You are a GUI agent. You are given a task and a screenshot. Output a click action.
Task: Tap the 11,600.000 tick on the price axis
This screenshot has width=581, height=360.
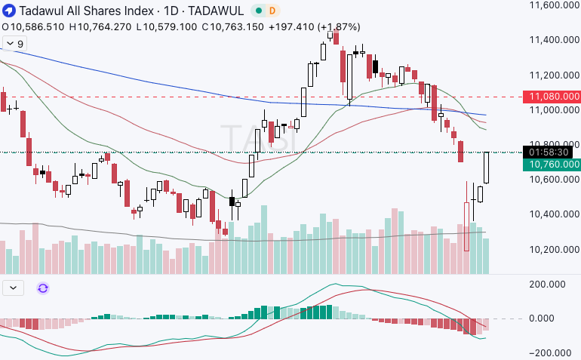[x=554, y=5]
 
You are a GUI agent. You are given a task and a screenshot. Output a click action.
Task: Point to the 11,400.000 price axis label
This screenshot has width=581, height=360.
[x=554, y=40]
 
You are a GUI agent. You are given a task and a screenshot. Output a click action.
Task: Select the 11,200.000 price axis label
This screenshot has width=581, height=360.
[x=554, y=75]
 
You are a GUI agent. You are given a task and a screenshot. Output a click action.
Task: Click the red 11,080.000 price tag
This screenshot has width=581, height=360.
[x=554, y=97]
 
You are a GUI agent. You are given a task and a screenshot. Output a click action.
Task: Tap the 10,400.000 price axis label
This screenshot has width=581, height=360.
[x=554, y=214]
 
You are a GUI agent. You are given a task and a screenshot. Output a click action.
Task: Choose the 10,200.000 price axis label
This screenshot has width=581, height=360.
[x=554, y=249]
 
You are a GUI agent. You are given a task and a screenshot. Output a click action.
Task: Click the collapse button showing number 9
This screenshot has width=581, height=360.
[x=14, y=44]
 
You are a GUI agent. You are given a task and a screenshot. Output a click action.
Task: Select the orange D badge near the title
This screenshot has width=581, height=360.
[x=272, y=11]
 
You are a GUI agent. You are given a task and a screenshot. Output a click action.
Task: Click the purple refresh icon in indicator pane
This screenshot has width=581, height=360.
[x=43, y=288]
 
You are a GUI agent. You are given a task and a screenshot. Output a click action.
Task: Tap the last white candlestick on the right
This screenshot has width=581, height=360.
[x=487, y=168]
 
